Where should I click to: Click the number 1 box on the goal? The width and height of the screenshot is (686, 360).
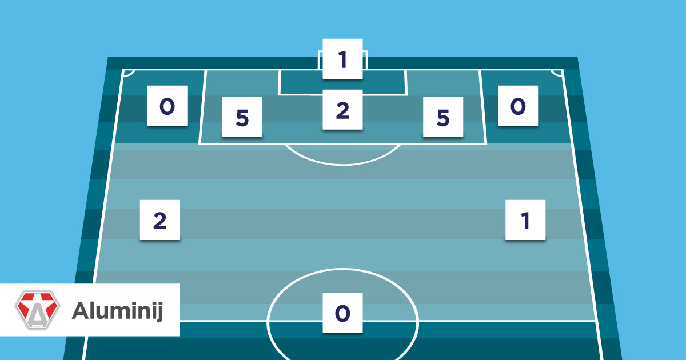[342, 59]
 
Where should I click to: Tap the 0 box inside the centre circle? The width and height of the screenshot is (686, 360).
[342, 312]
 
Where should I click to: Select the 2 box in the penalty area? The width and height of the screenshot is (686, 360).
[342, 109]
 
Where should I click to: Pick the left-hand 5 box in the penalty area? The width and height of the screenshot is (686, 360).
[242, 117]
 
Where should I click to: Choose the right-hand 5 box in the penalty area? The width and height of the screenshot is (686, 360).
[442, 117]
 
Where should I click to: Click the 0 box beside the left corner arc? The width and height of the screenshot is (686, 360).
[167, 106]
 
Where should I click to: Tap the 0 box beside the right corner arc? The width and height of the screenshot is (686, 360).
[517, 106]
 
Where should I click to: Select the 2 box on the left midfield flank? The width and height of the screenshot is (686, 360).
[160, 220]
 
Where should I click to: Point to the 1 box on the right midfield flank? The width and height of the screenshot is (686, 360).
[525, 220]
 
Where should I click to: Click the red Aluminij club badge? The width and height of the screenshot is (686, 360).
[37, 310]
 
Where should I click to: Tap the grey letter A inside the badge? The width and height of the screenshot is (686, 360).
[37, 314]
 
